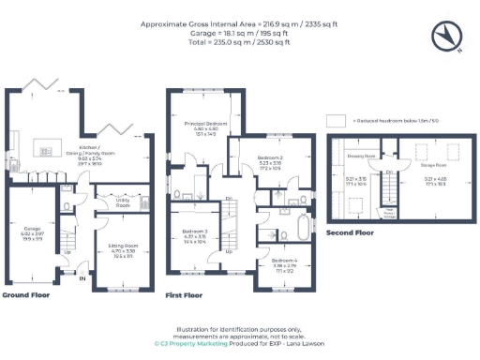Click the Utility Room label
click(123, 202)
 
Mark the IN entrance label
click(82, 278)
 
